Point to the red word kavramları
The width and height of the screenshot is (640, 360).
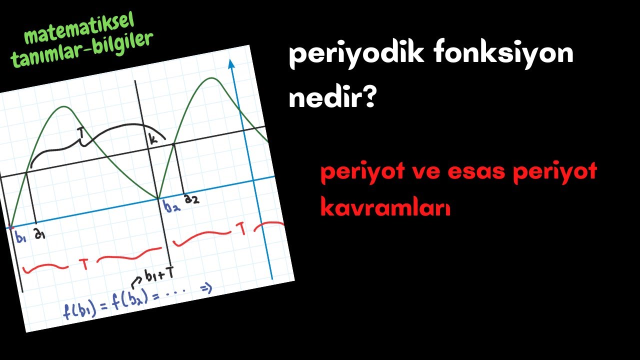(x=385, y=207)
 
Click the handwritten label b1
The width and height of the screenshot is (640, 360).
(x=20, y=238)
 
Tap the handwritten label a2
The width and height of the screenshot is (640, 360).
(x=191, y=199)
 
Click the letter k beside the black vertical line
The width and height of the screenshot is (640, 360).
(x=153, y=139)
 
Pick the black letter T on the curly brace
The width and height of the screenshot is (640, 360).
(x=81, y=132)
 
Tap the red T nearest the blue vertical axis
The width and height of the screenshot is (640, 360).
(x=241, y=229)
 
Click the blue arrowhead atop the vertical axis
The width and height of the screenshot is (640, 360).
(x=231, y=64)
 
